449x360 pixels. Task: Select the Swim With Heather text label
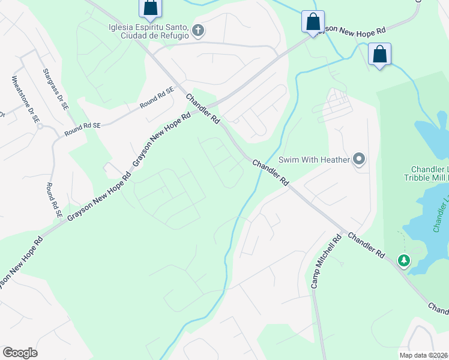click(315, 160)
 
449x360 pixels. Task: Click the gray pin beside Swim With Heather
click(359, 159)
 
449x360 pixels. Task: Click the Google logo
click(20, 353)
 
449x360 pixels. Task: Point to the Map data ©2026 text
click(423, 355)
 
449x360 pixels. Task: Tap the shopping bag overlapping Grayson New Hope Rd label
click(313, 22)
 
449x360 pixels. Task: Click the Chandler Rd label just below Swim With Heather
click(271, 172)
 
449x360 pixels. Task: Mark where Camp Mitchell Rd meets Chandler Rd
click(344, 231)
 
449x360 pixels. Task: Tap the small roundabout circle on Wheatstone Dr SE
click(39, 127)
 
